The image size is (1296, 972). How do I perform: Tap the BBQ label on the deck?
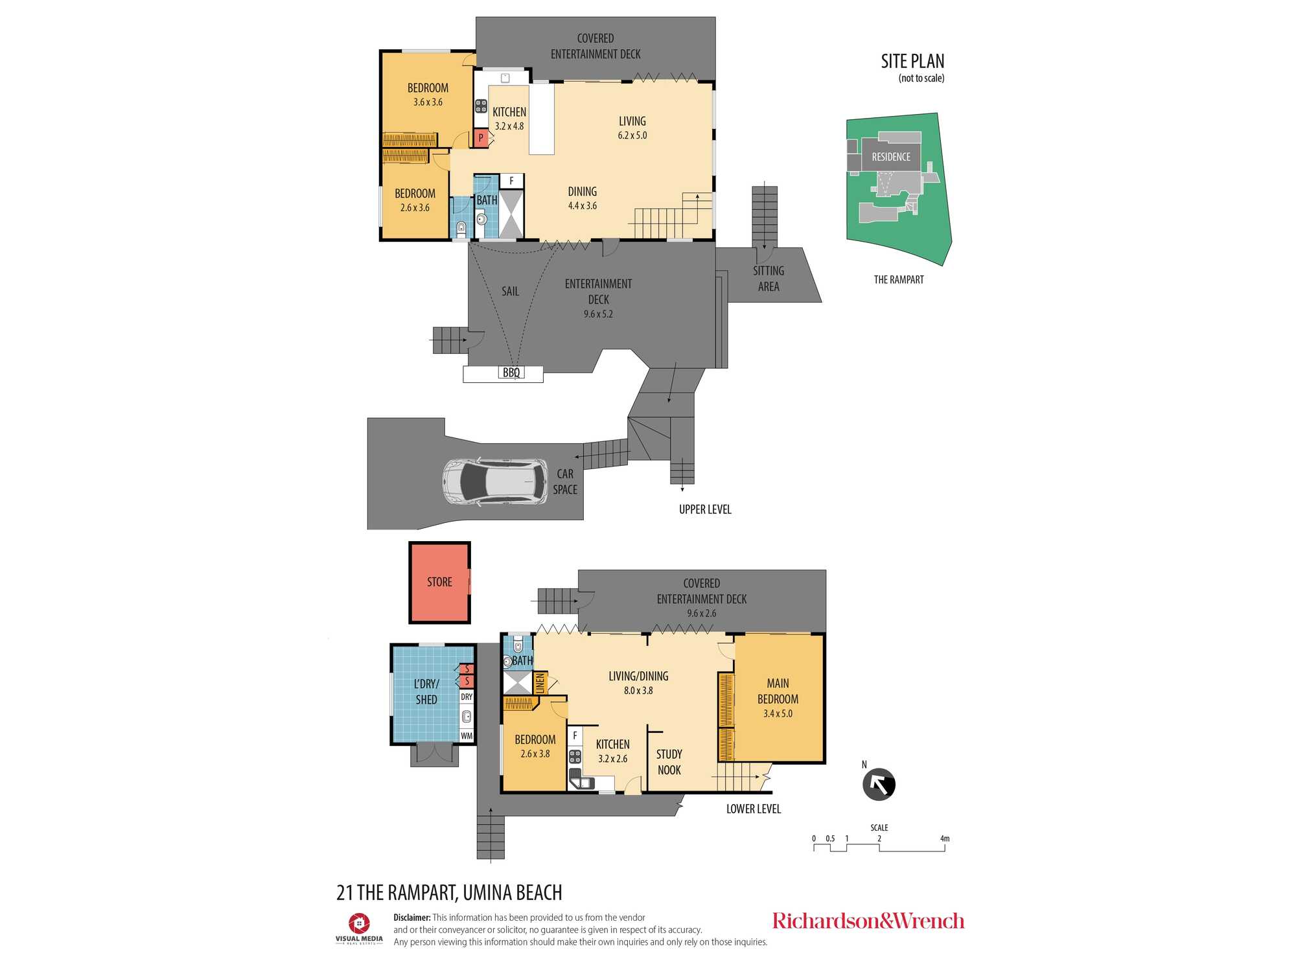[511, 373]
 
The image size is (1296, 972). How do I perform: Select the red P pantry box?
[481, 138]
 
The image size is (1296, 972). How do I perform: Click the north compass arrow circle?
[879, 785]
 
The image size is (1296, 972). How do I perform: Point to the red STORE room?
[439, 583]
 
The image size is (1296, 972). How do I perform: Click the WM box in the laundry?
[467, 736]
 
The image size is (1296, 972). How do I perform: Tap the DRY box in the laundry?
[467, 697]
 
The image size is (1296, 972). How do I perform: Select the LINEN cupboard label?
[540, 684]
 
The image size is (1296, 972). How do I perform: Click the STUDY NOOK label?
[669, 762]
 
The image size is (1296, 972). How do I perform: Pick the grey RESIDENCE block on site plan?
[891, 157]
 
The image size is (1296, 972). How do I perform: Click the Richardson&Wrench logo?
[868, 921]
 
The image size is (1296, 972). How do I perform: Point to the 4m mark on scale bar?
[945, 839]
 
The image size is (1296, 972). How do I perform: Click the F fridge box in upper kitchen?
[511, 181]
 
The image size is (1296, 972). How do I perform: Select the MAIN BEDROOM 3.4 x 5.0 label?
[778, 698]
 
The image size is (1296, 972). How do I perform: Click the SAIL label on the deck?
[510, 292]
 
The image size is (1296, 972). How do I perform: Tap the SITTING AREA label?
[769, 279]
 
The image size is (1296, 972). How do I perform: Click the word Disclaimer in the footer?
[411, 918]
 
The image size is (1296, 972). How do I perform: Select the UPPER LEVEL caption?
[705, 510]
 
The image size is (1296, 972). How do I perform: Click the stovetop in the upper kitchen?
[481, 106]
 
